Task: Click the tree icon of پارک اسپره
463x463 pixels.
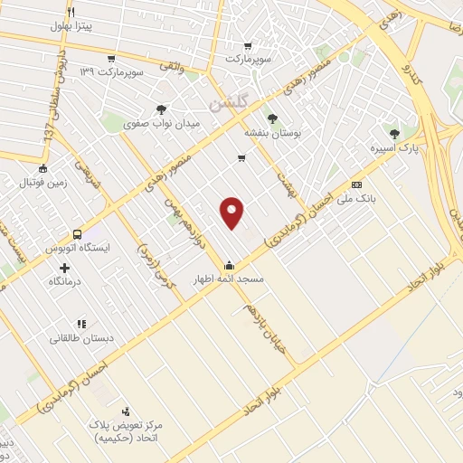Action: (392, 132)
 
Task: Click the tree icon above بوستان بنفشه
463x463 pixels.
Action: (270, 118)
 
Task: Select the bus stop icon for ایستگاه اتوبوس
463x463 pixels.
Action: (77, 232)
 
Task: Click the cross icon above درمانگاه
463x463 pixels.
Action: (64, 268)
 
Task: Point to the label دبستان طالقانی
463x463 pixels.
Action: (80, 338)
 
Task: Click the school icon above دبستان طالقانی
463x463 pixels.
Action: (80, 323)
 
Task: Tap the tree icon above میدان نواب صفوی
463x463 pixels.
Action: (161, 109)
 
